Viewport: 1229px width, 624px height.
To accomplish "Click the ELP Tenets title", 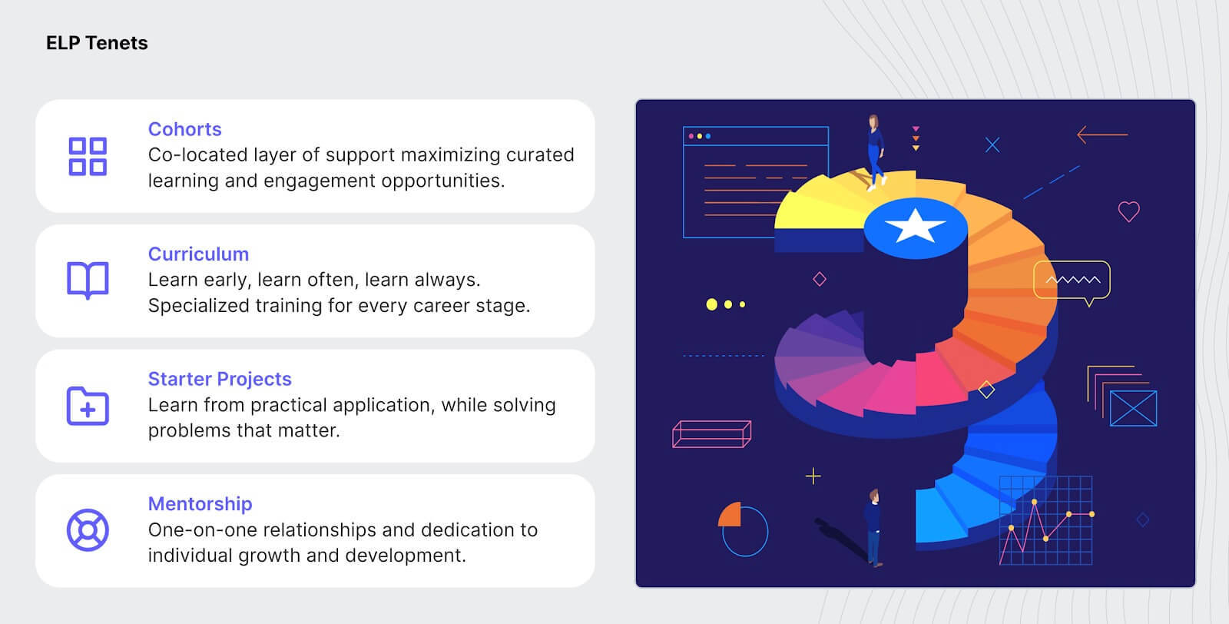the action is pos(97,43).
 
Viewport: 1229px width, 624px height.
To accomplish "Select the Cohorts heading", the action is pos(185,129).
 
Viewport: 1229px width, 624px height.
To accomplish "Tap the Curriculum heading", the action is pos(199,254).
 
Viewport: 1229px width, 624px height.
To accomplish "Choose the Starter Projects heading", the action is pos(220,379).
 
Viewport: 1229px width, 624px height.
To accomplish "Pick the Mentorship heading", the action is pos(200,504).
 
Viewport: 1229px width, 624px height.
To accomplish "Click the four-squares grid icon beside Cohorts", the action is pos(88,157).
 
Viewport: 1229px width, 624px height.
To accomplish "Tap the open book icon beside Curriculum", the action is pos(88,280).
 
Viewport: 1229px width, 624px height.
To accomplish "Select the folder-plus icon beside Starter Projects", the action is pos(88,406).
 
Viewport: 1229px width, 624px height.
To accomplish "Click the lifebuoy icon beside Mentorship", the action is pos(88,530).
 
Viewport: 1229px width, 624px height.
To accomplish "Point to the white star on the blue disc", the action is pos(915,226).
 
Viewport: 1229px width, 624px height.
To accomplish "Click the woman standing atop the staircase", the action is pos(875,152).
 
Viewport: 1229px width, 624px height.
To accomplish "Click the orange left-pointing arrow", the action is pos(1102,134).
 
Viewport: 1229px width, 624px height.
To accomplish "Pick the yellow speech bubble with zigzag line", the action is pos(1072,281).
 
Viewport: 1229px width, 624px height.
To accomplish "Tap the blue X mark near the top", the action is pos(992,145).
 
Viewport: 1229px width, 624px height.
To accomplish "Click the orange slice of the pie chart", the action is pos(731,516).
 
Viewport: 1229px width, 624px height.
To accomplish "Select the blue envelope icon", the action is pos(1133,408).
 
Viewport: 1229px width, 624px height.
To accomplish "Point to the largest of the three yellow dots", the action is pos(711,304).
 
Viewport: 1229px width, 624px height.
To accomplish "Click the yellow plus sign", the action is pos(813,476).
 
